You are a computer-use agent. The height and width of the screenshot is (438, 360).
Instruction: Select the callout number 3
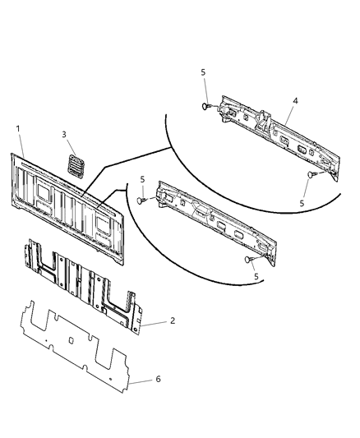(64, 134)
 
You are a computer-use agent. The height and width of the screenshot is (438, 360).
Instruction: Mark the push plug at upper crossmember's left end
(206, 107)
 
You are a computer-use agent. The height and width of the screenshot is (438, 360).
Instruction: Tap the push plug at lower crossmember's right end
(247, 259)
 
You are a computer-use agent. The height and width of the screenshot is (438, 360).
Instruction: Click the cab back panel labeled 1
(70, 205)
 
